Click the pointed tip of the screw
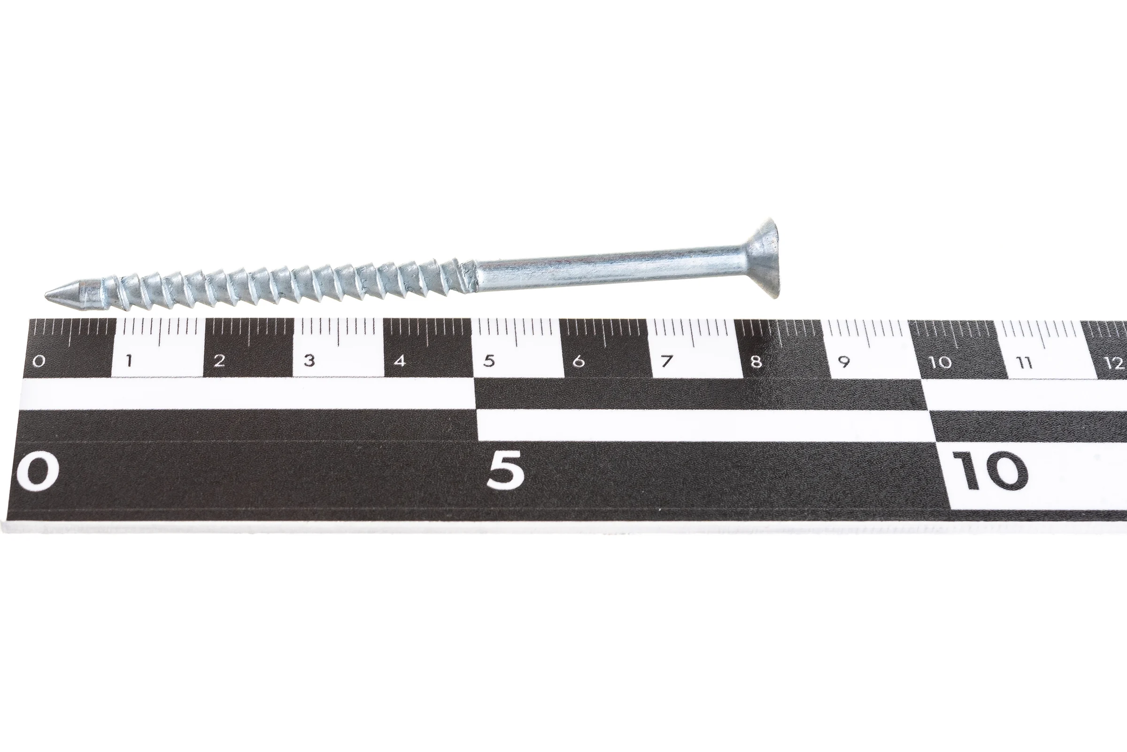tap(46, 295)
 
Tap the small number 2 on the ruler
tap(219, 360)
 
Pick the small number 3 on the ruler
tap(309, 360)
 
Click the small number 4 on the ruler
tap(400, 360)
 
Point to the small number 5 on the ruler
tap(489, 360)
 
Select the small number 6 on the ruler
tap(579, 360)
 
